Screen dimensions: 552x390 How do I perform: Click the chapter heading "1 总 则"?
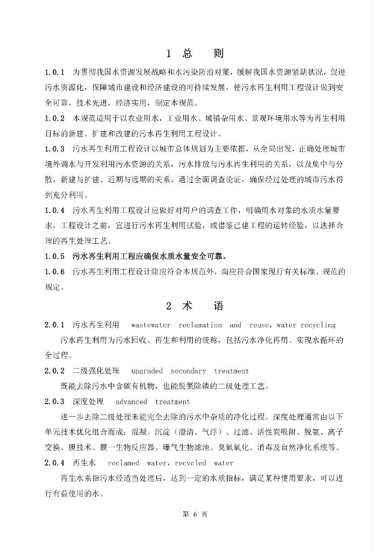[194, 53]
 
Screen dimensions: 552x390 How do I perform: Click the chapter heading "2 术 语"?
[194, 306]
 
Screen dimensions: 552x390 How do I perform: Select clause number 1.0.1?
[55, 72]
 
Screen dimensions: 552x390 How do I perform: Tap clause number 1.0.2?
[55, 118]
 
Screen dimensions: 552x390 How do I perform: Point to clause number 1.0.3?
[55, 149]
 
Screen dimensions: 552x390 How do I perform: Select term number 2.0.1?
[55, 325]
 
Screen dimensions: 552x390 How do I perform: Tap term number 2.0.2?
[55, 371]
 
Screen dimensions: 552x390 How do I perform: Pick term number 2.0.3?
[55, 402]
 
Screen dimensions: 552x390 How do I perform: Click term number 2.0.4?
[55, 463]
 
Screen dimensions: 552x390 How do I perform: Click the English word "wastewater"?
[151, 325]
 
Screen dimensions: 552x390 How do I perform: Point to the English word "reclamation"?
[200, 325]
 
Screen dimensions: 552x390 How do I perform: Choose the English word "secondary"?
[188, 371]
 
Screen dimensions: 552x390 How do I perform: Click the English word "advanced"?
[131, 402]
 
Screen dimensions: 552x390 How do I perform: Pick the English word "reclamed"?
[123, 463]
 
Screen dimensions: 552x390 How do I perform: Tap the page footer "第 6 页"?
[195, 514]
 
